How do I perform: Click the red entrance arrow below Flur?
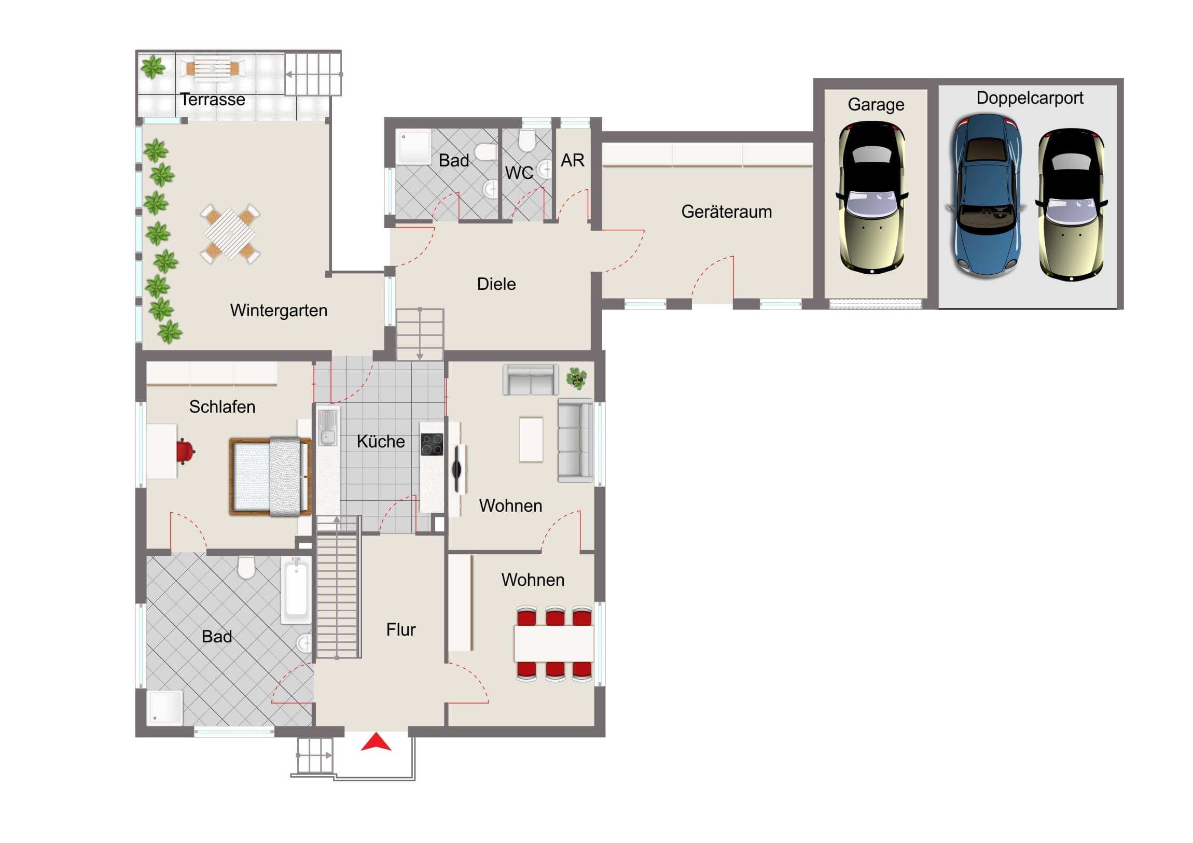(x=376, y=743)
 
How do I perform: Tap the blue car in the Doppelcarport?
(x=986, y=196)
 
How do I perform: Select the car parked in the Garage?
(x=872, y=198)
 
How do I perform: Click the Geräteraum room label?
(x=726, y=212)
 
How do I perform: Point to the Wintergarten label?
(x=279, y=311)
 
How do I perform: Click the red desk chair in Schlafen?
(x=185, y=451)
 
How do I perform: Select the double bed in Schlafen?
(x=270, y=477)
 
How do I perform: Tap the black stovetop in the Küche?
(x=432, y=445)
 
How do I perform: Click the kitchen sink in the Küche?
(x=327, y=427)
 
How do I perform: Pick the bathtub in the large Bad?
(x=296, y=591)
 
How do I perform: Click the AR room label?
(x=573, y=161)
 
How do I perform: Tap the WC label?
(x=519, y=173)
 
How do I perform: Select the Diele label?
(x=496, y=284)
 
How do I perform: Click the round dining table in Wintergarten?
(x=230, y=234)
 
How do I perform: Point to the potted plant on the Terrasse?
(x=152, y=67)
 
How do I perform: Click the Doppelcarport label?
(x=1030, y=98)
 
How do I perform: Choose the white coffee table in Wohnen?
(x=531, y=440)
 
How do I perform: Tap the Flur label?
(x=400, y=630)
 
